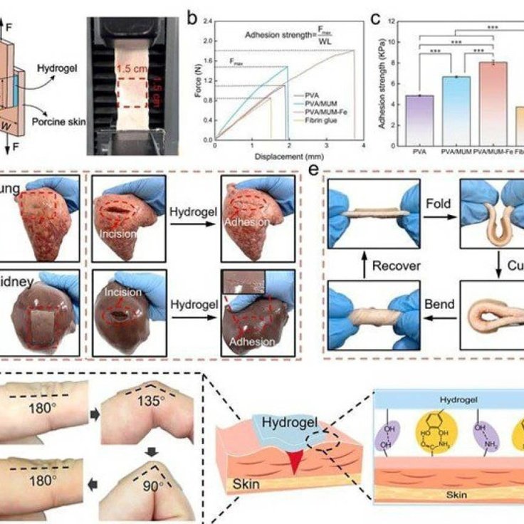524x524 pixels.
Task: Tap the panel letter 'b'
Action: point(190,16)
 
